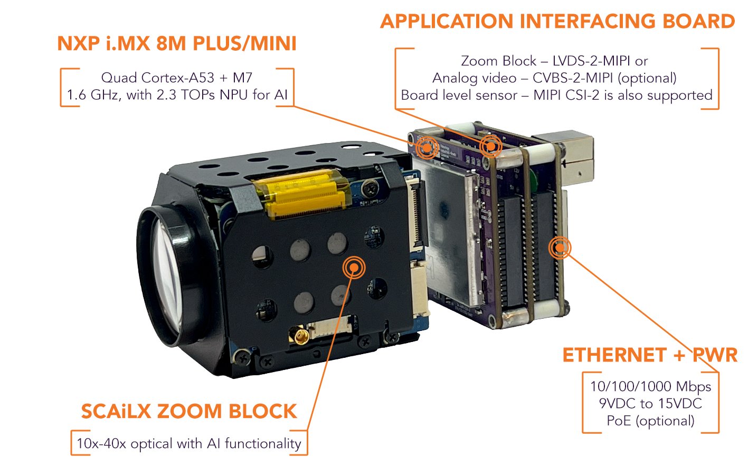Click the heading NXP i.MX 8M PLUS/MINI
click(x=177, y=43)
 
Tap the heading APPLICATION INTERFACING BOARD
click(x=557, y=22)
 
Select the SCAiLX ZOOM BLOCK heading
click(x=189, y=411)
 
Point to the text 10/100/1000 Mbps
click(x=650, y=386)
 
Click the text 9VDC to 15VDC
click(x=650, y=404)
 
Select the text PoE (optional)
click(x=650, y=421)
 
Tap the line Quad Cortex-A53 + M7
click(x=177, y=78)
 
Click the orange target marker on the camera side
click(x=354, y=268)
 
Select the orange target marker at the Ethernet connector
click(x=560, y=247)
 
